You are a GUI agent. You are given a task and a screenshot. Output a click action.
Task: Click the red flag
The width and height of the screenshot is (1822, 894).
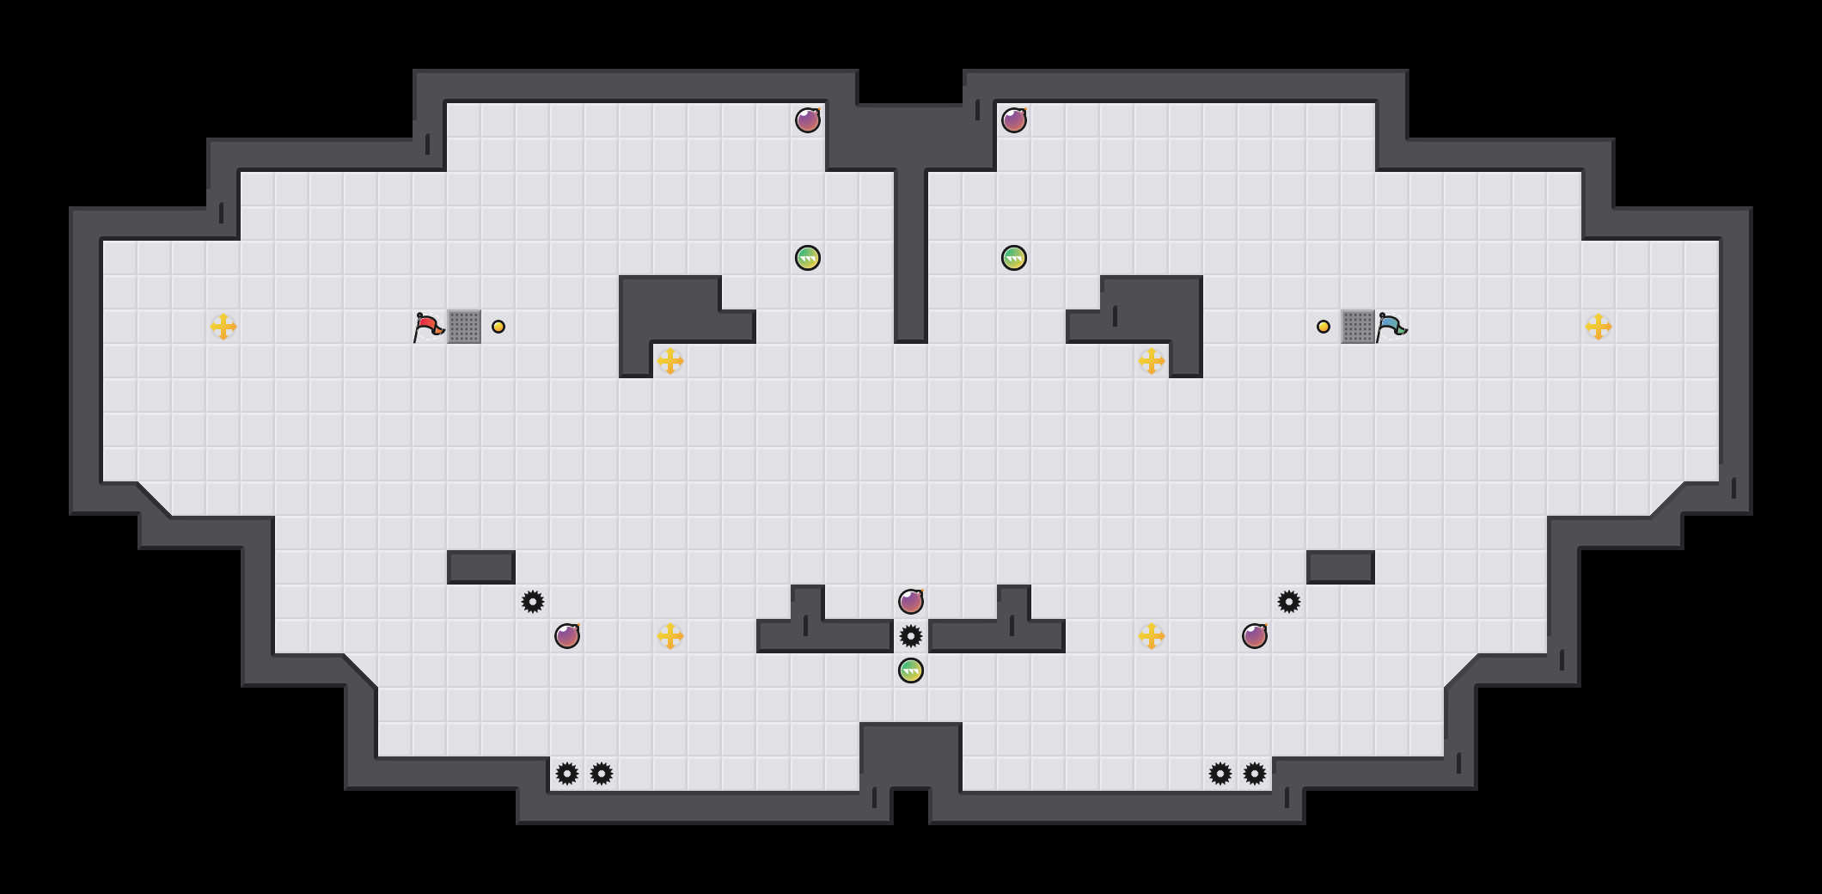tap(428, 327)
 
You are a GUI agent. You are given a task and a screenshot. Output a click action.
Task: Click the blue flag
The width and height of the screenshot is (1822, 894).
tap(1391, 327)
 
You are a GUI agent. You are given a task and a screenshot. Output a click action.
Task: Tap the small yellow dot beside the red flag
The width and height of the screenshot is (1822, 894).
tap(498, 327)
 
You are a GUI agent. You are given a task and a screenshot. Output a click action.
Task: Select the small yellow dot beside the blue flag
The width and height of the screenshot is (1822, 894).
tap(1324, 327)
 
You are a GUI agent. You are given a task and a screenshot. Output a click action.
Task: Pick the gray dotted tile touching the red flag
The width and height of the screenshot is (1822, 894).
tap(464, 327)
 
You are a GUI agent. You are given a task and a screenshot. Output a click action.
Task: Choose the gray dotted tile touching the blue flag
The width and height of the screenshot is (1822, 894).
tap(1358, 327)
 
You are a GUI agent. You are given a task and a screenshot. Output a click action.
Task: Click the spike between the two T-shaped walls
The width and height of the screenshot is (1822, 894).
tap(911, 636)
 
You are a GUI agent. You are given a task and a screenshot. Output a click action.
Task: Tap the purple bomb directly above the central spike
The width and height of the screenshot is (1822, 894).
tap(911, 602)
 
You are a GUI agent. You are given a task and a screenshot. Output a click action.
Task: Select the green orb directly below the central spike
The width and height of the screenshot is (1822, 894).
tap(911, 670)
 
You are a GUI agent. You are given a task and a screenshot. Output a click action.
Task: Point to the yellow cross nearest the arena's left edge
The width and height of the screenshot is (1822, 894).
tap(223, 327)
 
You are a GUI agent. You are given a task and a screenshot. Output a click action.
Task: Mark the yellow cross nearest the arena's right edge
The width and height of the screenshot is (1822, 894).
tap(1599, 327)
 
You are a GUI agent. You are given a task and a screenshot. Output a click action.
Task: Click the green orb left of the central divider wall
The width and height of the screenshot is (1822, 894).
tap(808, 258)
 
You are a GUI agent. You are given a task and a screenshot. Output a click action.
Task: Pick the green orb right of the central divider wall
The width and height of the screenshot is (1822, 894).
tap(1014, 258)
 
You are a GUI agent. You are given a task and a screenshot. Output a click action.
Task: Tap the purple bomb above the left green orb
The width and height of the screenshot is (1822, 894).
tap(808, 120)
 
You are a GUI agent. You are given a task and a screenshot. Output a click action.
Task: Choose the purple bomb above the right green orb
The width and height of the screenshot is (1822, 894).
tap(1014, 120)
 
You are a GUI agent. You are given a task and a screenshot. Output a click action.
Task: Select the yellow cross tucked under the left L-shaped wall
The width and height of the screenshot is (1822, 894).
tap(670, 361)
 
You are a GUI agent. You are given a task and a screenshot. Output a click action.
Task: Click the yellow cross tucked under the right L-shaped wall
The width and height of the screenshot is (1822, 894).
tap(1152, 361)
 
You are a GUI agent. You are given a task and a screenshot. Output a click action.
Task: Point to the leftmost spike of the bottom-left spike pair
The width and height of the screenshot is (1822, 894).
tap(567, 774)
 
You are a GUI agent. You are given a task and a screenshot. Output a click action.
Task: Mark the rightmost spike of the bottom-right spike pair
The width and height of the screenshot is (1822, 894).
tap(1255, 774)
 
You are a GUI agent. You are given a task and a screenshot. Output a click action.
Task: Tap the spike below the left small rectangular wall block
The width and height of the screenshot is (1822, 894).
tap(533, 602)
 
